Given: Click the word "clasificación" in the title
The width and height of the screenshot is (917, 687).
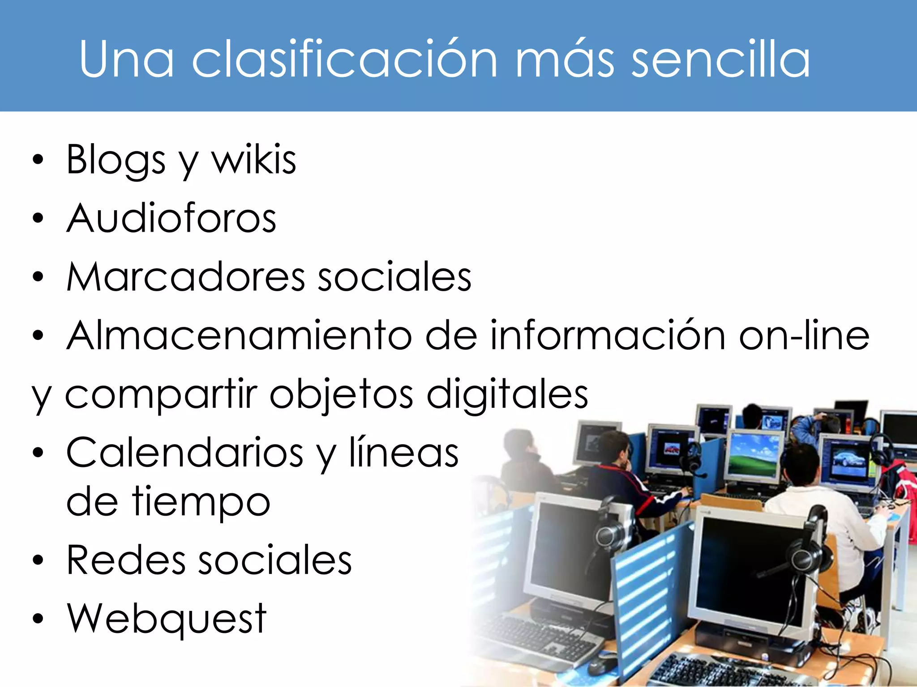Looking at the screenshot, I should [x=344, y=59].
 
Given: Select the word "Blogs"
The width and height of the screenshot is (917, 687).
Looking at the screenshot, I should [x=116, y=160].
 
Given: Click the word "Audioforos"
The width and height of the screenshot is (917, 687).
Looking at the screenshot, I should [x=171, y=218].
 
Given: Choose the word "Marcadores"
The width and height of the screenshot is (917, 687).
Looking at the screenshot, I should [x=185, y=277].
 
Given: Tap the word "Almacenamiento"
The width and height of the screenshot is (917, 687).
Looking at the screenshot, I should [x=239, y=335].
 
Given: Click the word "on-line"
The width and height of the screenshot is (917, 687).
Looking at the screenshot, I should [x=804, y=335].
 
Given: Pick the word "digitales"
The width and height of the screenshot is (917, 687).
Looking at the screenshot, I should [x=507, y=395].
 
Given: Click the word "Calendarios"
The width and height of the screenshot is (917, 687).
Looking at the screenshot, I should [x=184, y=453].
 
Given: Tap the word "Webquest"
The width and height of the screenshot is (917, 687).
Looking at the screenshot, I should [x=167, y=619].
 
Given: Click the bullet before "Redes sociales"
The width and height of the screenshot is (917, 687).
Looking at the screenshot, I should [x=39, y=560].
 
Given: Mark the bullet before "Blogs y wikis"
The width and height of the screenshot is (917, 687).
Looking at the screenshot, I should [x=39, y=160].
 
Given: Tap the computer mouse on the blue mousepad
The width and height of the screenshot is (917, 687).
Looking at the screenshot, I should [x=602, y=665].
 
